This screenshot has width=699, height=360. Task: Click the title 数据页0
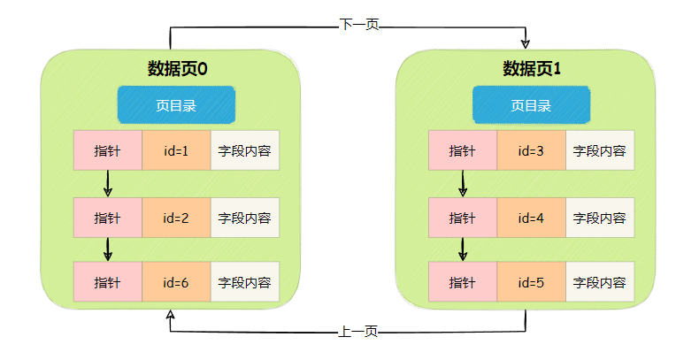177,68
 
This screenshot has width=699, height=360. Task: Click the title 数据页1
532,68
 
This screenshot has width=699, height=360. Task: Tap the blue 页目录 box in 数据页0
177,105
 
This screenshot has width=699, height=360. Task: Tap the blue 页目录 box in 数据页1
531,105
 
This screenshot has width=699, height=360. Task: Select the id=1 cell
176,150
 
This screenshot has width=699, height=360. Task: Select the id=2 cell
176,218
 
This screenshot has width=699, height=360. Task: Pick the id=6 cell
176,283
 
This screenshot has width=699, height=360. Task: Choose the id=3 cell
531,150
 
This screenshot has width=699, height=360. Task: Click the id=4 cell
531,218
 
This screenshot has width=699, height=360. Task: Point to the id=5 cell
531,283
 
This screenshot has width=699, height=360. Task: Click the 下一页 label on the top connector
359,25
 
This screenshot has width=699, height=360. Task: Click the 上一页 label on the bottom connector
358,332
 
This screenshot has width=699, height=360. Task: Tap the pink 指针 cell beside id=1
107,150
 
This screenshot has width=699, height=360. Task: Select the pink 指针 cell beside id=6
107,283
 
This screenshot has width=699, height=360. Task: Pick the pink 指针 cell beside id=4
463,218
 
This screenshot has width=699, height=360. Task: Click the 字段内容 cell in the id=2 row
245,218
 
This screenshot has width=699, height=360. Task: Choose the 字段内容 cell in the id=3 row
600,150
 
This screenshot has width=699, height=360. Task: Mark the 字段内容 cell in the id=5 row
600,283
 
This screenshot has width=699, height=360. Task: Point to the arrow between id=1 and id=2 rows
108,183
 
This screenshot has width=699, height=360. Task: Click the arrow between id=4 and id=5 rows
463,249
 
